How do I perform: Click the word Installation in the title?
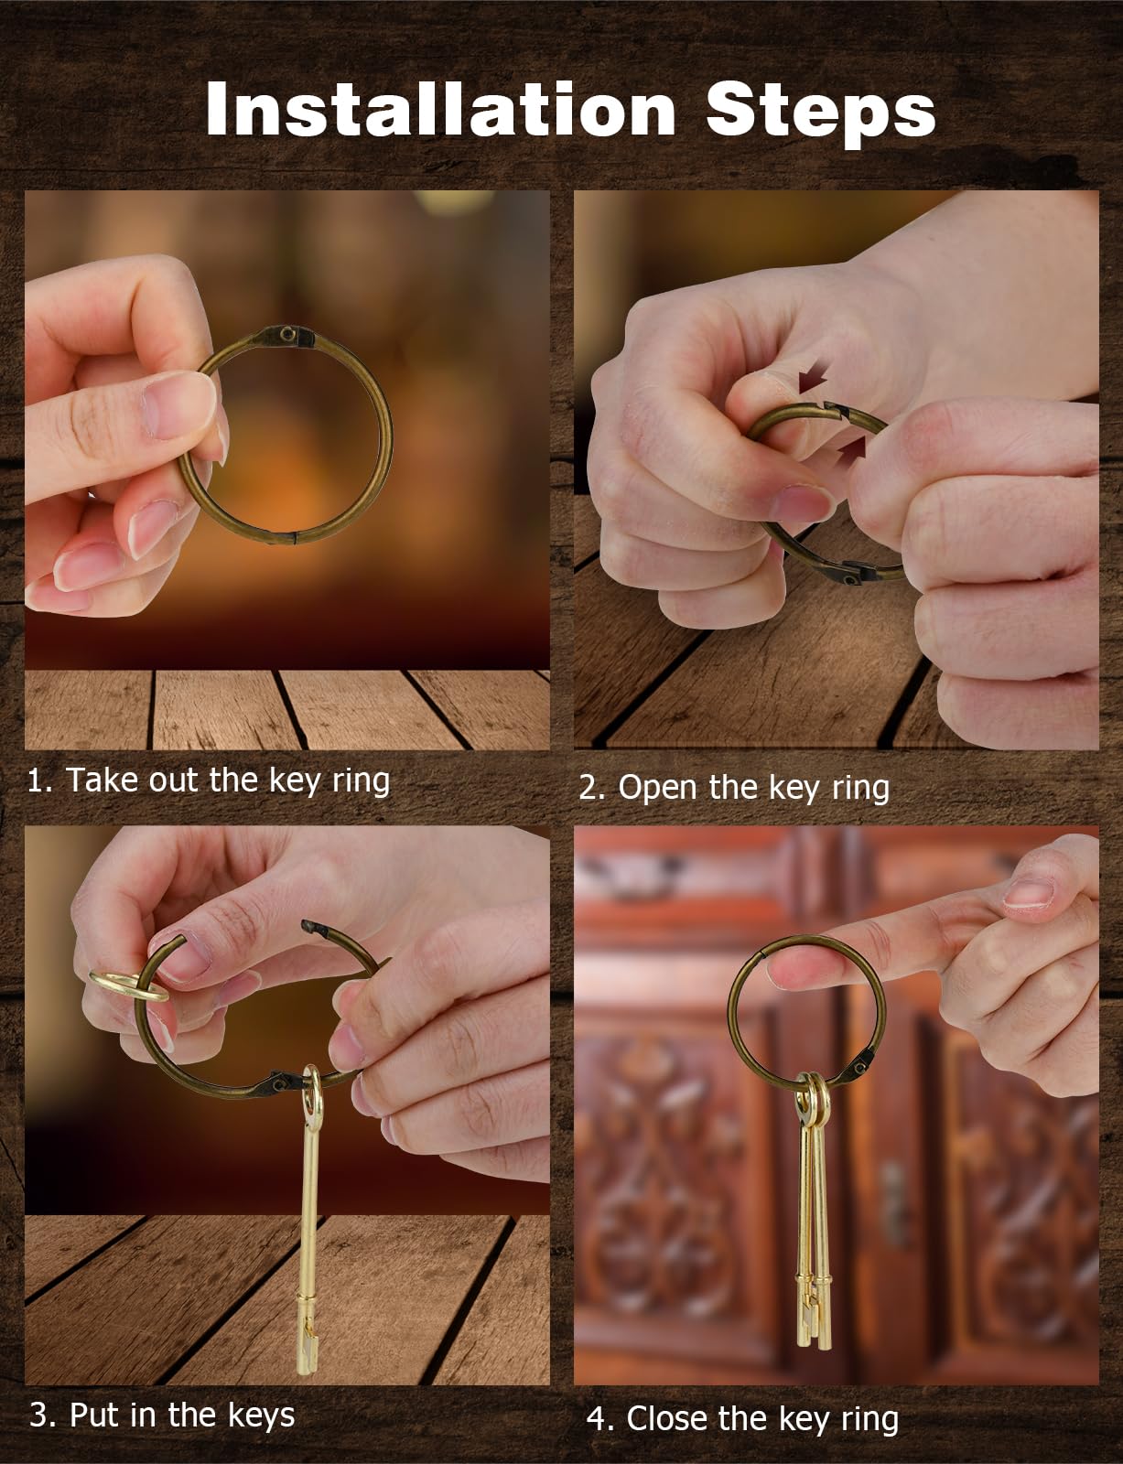440,109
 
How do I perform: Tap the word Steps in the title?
821,113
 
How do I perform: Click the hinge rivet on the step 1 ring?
288,333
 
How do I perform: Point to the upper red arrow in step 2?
813,380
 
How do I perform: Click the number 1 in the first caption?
35,780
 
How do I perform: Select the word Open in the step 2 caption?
657,788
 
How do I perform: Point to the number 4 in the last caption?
598,1419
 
